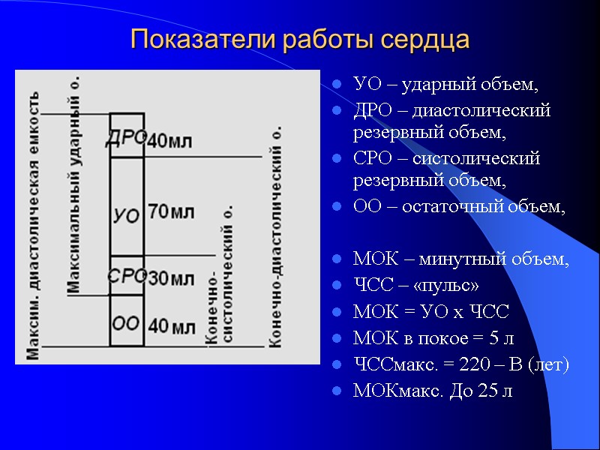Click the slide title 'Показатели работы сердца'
click(x=300, y=39)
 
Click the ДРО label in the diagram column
click(x=125, y=137)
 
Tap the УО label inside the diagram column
click(x=127, y=216)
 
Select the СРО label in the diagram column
click(x=126, y=277)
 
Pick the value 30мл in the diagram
click(x=171, y=279)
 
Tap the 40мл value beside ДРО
click(x=171, y=140)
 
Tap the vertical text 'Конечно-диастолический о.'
click(x=275, y=236)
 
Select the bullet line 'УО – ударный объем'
click(x=445, y=82)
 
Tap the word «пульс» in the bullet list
click(x=444, y=286)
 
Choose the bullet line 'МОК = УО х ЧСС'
click(x=430, y=312)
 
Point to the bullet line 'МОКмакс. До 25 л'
click(x=432, y=391)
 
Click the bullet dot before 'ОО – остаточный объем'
click(x=337, y=206)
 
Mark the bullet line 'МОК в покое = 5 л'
click(x=433, y=338)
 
